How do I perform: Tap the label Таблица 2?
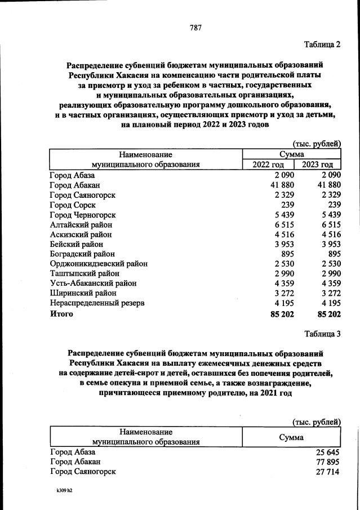point(322,45)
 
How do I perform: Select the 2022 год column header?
point(268,164)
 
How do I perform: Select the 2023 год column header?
point(318,164)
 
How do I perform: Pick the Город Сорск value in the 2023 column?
point(332,205)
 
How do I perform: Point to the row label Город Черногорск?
point(82,215)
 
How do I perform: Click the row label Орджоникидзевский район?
point(99,263)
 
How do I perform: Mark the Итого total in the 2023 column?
point(329,313)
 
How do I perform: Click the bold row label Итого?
point(61,313)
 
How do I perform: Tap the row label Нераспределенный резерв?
point(97,303)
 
